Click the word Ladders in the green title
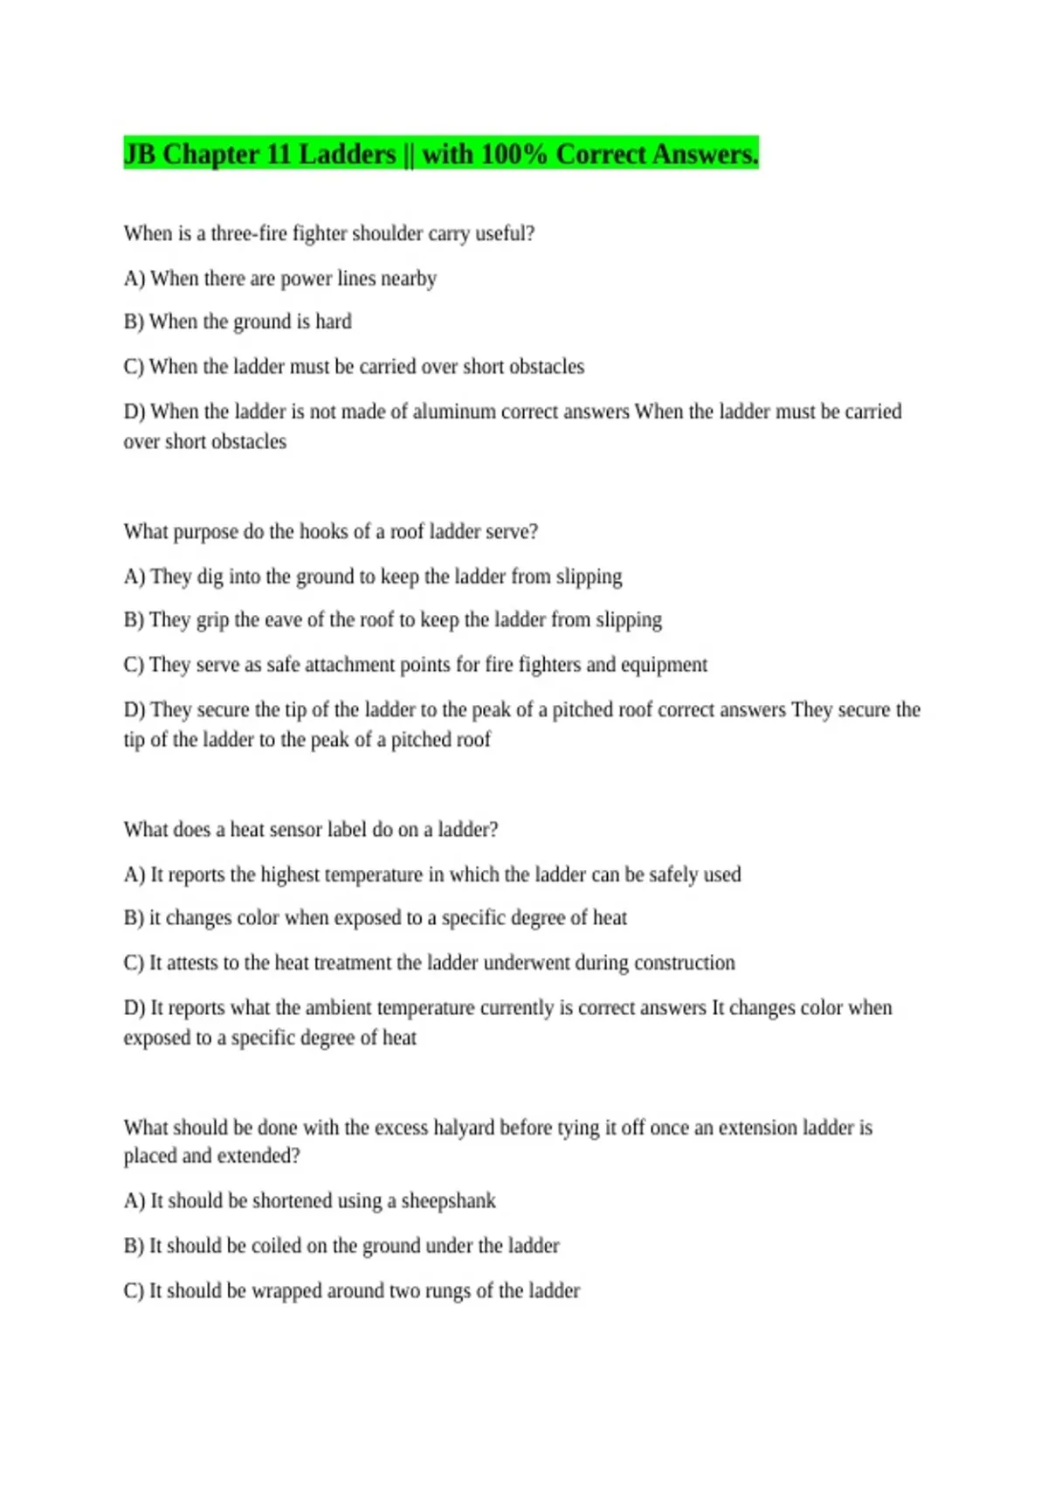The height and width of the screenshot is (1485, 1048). point(347,155)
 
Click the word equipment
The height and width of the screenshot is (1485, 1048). point(664,665)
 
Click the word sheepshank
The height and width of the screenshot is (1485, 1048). point(448,1201)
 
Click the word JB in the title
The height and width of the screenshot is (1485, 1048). point(139,155)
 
